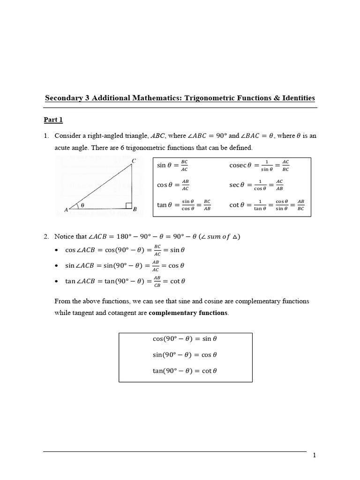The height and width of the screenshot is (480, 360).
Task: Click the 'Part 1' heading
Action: pos(53,120)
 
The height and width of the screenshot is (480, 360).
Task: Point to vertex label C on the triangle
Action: pos(133,161)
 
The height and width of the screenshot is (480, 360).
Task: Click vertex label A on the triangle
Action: pos(66,210)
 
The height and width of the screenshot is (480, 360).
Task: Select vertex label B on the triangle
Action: pos(135,210)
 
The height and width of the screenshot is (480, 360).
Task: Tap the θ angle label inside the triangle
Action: pos(83,205)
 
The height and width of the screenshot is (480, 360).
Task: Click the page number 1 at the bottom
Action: pos(315,456)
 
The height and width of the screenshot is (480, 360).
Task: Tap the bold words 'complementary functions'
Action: pos(188,313)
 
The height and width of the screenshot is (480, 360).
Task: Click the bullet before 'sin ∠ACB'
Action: pos(57,266)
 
